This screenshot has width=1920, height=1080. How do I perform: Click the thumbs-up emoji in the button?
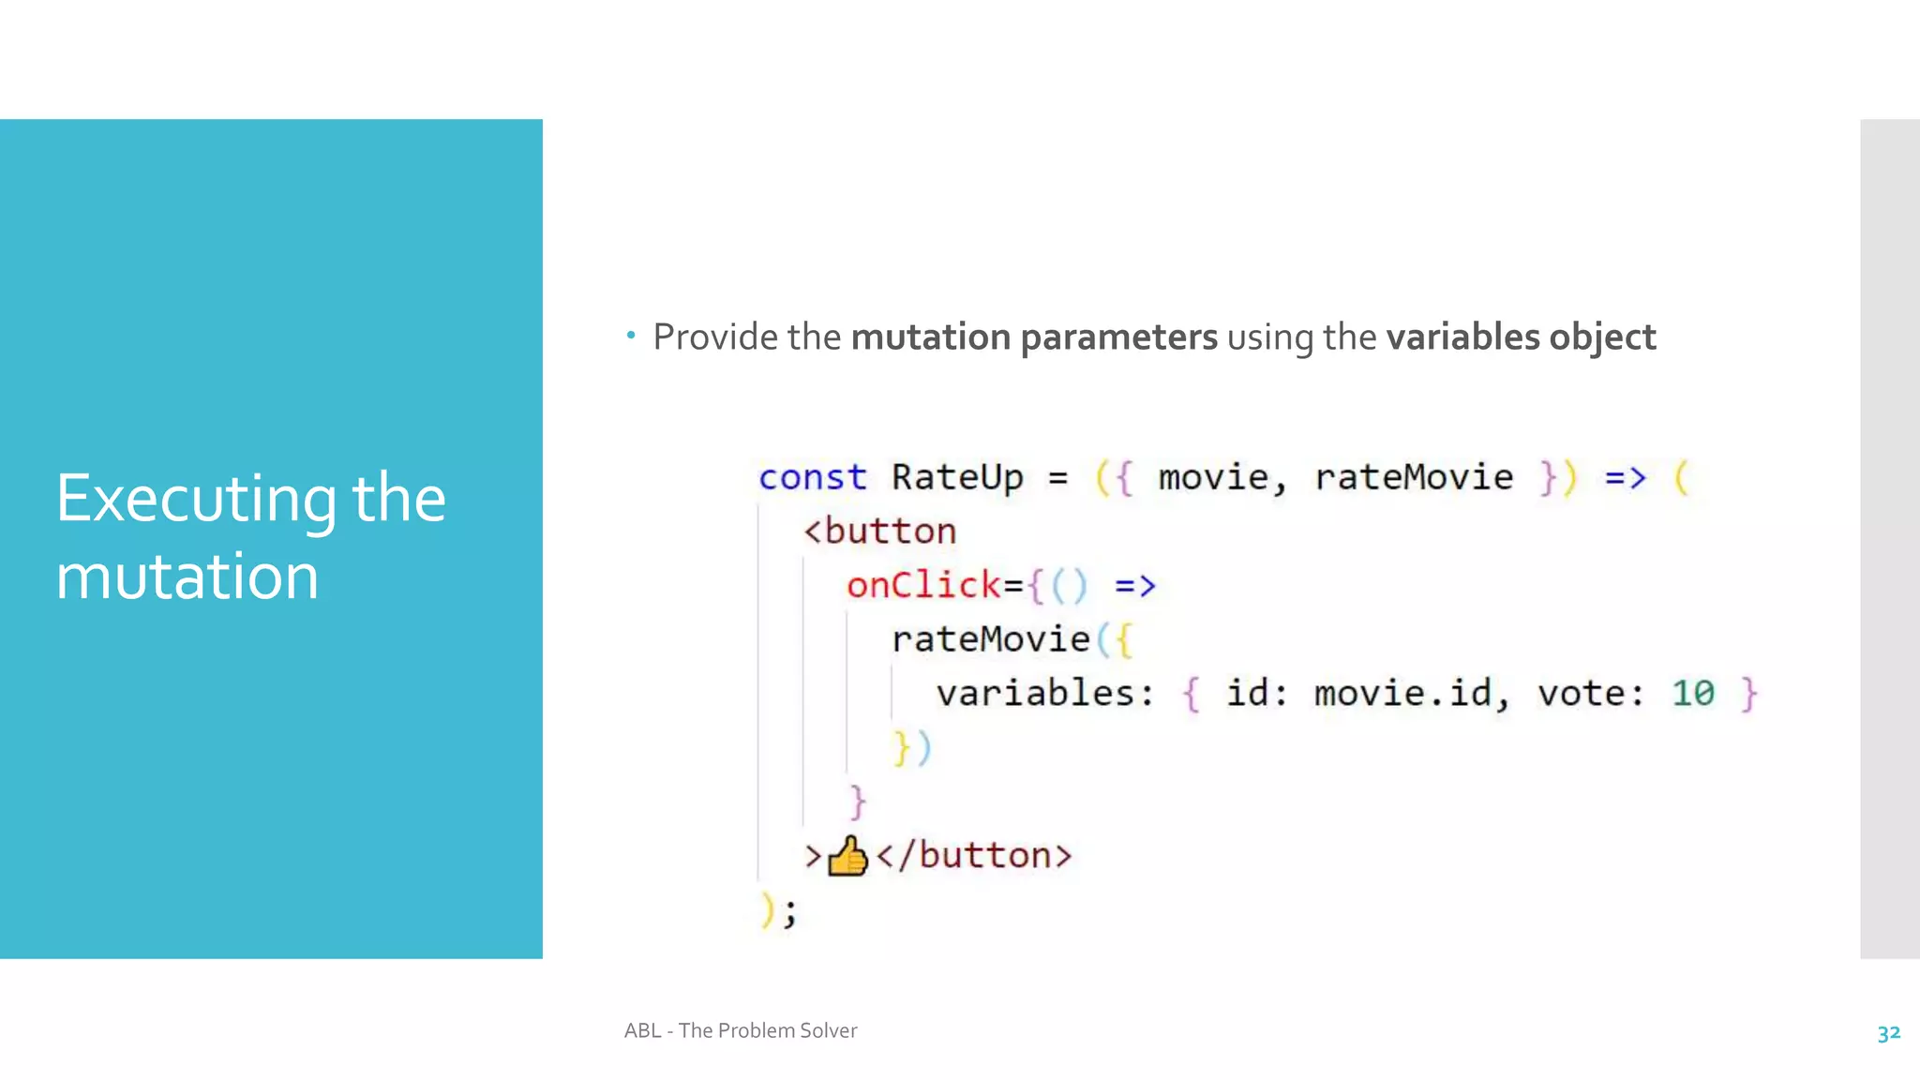click(847, 856)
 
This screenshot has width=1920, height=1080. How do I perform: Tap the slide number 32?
click(1888, 1033)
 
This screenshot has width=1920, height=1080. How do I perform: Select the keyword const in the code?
click(812, 478)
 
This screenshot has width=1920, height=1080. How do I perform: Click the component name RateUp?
click(956, 478)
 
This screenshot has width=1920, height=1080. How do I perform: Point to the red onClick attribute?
click(923, 586)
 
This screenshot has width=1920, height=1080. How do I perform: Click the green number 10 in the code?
click(1692, 694)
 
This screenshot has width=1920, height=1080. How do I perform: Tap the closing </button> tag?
click(974, 856)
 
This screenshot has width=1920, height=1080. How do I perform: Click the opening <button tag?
click(880, 532)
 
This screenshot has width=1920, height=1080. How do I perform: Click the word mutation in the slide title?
click(187, 576)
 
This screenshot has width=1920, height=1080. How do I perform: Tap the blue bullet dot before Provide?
click(631, 335)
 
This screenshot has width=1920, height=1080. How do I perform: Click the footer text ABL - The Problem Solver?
click(741, 1030)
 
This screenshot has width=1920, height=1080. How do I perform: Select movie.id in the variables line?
click(1402, 694)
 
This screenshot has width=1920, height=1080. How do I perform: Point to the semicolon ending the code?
click(790, 911)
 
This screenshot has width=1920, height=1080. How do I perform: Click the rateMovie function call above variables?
click(990, 639)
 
